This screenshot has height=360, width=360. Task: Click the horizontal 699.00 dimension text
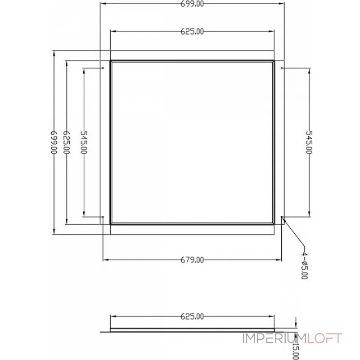(192, 4)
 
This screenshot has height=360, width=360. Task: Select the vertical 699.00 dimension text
(54, 142)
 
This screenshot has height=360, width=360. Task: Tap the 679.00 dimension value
(192, 260)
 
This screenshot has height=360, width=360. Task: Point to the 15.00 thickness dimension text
(296, 349)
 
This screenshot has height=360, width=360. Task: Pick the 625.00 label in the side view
(192, 316)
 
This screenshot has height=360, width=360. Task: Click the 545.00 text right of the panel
(309, 142)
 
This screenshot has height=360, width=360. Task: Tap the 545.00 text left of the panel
(84, 142)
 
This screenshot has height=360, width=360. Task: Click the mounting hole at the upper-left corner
(103, 68)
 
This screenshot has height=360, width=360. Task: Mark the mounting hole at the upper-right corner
(282, 68)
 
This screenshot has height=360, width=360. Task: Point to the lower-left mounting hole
(103, 217)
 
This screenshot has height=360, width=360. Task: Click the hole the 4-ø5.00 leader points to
(282, 217)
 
